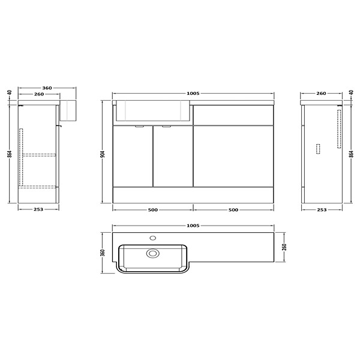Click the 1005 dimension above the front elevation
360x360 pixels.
pos(193,93)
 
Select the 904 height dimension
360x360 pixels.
pos(103,154)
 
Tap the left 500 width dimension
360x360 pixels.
pos(153,209)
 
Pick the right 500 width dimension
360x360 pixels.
pos(233,209)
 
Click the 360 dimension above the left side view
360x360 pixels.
pos(47,88)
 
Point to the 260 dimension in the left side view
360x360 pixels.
pos(39,94)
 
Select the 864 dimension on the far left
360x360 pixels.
pos(10,154)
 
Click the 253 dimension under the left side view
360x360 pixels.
pos(38,209)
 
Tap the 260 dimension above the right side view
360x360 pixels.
pos(321,93)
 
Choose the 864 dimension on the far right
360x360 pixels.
pos(351,154)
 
